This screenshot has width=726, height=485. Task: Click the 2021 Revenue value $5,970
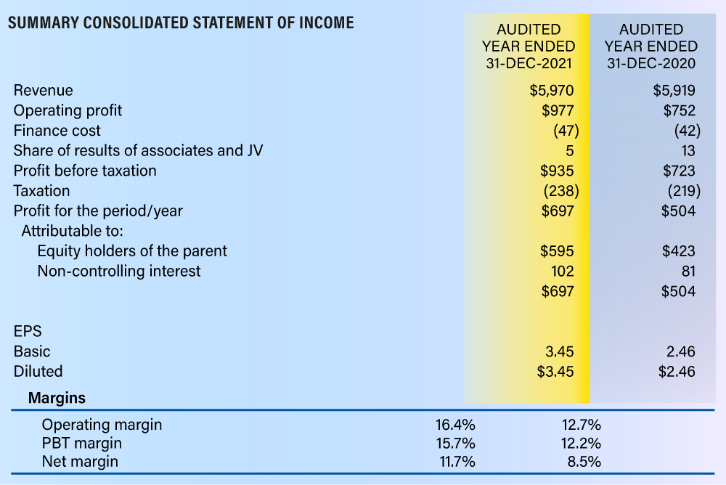pyautogui.click(x=552, y=90)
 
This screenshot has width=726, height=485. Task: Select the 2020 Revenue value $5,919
pyautogui.click(x=674, y=90)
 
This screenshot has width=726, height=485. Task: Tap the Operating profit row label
pyautogui.click(x=68, y=110)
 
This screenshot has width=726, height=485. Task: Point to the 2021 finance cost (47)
pyautogui.click(x=566, y=131)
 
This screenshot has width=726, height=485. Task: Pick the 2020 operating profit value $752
pyautogui.click(x=680, y=110)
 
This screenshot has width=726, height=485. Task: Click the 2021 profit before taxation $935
pyautogui.click(x=557, y=171)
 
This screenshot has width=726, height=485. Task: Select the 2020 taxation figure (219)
pyautogui.click(x=684, y=191)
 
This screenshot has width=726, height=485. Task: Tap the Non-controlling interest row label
pyautogui.click(x=119, y=271)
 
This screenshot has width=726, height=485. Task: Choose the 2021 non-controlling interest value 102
pyautogui.click(x=563, y=271)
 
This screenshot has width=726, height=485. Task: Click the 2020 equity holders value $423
pyautogui.click(x=679, y=251)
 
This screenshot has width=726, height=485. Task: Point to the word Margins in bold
pyautogui.click(x=57, y=398)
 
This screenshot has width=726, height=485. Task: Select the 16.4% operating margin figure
pyautogui.click(x=455, y=424)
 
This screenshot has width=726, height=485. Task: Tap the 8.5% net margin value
pyautogui.click(x=584, y=462)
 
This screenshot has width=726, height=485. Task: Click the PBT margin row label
pyautogui.click(x=82, y=444)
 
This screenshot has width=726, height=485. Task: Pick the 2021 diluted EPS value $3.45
pyautogui.click(x=555, y=372)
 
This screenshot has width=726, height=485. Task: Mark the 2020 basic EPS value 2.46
pyautogui.click(x=681, y=351)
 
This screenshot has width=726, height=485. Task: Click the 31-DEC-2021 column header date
pyautogui.click(x=529, y=63)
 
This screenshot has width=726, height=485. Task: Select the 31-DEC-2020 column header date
pyautogui.click(x=651, y=63)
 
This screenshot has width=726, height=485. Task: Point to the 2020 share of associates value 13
pyautogui.click(x=688, y=151)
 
